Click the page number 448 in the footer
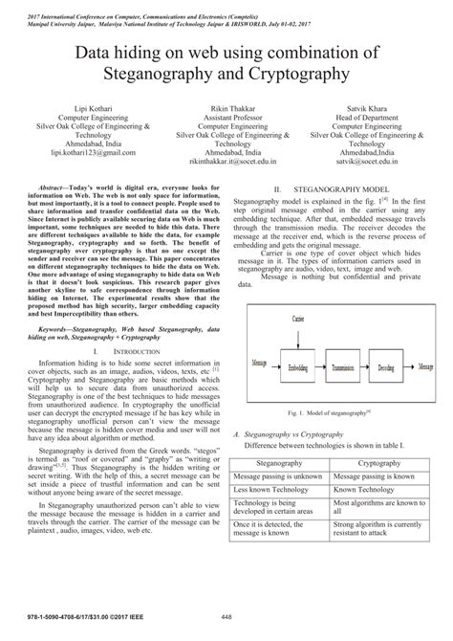tap(226, 630)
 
